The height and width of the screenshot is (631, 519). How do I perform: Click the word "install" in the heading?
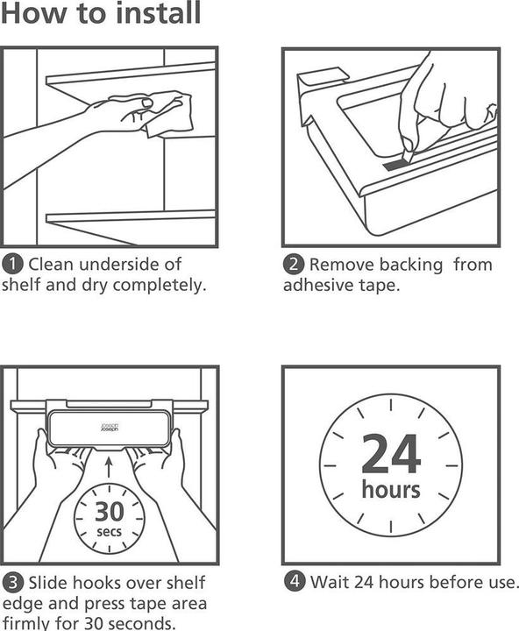pos(158,13)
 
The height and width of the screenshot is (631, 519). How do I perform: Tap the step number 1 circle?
pos(12,265)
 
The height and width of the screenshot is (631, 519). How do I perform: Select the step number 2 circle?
pos(293,265)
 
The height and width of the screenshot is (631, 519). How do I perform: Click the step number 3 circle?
pos(12,582)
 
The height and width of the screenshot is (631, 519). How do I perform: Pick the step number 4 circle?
pos(295,582)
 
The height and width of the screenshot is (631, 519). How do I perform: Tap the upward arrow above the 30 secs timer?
pos(109,467)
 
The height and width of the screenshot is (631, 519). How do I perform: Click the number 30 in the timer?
pos(109,512)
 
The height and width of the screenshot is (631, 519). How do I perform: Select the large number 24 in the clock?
pos(391,454)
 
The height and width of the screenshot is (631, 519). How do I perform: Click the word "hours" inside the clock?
pos(390,489)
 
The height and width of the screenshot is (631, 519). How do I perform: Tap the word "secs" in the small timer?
pos(109,532)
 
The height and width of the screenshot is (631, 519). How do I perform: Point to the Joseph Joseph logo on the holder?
pos(110,428)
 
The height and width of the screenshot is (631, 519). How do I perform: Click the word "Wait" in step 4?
pos(330,582)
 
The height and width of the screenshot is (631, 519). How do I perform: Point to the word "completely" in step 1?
pos(160,286)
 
